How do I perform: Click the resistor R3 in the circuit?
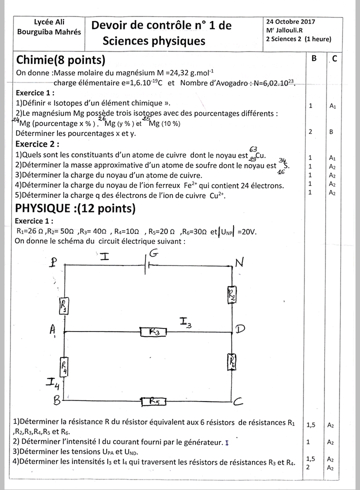[154, 331]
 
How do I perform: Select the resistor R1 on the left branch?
[65, 304]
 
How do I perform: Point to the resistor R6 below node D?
[232, 360]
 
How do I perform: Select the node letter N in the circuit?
[239, 263]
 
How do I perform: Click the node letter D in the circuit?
[240, 328]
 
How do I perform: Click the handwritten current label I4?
[53, 383]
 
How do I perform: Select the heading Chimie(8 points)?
[60, 60]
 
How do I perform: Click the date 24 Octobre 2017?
[290, 22]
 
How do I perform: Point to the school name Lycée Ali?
[48, 22]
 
